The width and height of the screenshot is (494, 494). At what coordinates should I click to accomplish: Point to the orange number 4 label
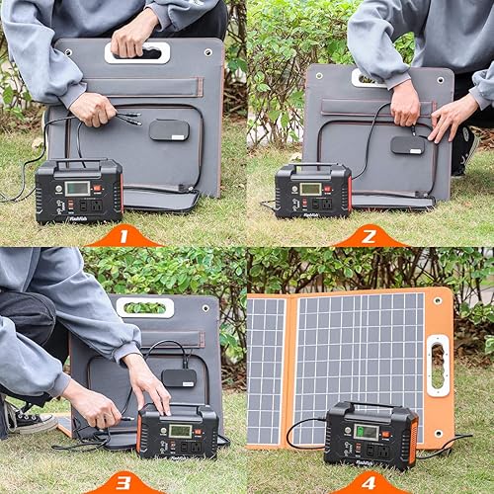pos(369,484)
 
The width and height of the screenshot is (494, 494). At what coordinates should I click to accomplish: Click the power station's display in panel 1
pos(77,188)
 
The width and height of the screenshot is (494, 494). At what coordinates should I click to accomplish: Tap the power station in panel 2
pos(312,190)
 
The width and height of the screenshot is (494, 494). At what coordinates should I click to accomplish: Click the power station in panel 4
pos(370,435)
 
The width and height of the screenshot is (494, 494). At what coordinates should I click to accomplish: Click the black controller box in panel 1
pos(169,129)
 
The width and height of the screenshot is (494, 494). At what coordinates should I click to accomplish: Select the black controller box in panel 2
pos(407,144)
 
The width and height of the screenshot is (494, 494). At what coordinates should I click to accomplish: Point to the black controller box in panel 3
pos(179,376)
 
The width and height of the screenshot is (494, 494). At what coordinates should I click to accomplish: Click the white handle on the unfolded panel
pos(437,366)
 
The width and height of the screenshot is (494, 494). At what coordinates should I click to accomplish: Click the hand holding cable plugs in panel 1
pos(94,108)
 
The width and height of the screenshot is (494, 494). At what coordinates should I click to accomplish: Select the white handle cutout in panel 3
pos(144,307)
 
